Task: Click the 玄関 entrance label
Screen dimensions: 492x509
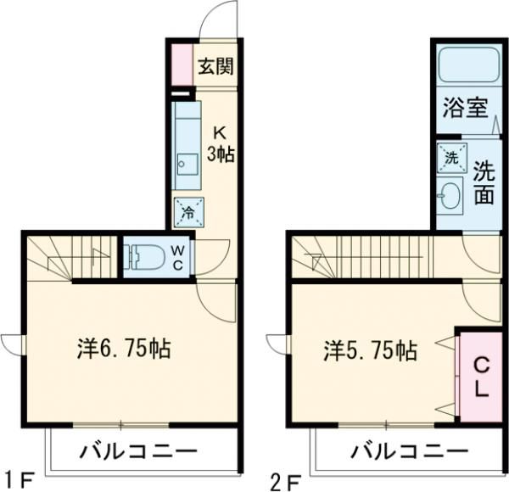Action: (216, 67)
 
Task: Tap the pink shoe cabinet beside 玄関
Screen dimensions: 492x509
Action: (182, 64)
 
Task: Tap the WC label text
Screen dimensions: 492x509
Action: (177, 256)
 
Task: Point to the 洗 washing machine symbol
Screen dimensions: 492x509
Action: (451, 157)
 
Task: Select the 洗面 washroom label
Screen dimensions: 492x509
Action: (483, 182)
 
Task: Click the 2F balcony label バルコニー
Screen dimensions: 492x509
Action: (397, 450)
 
